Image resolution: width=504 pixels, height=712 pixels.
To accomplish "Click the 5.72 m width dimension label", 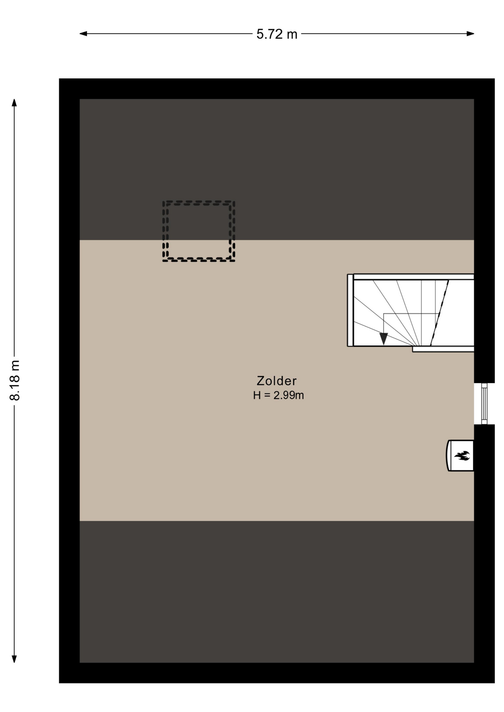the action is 277,34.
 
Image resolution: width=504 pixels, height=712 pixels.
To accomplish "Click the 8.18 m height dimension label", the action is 15,380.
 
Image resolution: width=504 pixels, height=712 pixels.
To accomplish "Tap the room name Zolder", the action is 276,381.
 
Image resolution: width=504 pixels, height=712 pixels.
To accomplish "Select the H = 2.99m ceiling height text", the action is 278,395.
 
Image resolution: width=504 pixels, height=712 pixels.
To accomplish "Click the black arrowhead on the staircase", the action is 383,339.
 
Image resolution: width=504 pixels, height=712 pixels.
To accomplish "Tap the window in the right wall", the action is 484,403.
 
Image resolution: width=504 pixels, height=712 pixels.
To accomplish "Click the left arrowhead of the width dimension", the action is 83,34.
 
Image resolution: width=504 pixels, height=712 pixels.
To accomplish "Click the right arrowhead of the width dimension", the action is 470,34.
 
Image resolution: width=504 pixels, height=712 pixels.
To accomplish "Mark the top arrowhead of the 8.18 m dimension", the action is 14,102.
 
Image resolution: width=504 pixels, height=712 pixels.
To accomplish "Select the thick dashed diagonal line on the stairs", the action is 439,313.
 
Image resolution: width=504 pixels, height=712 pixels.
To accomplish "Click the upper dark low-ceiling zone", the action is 276,169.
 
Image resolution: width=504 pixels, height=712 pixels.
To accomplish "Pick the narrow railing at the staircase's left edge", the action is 350,310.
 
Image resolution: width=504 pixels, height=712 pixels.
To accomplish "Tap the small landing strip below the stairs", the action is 443,349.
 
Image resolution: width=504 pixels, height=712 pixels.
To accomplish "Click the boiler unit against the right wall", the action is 460,455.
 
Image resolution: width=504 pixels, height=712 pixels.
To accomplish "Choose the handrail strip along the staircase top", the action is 414,277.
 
